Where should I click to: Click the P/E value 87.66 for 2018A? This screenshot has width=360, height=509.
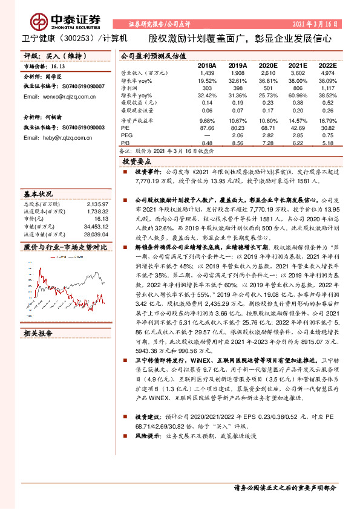pyautogui.click(x=207, y=129)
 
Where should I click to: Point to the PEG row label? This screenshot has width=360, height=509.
pyautogui.click(x=127, y=136)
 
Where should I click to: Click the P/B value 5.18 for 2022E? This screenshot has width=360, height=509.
pyautogui.click(x=328, y=143)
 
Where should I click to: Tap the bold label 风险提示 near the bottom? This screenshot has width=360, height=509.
pyautogui.click(x=146, y=418)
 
